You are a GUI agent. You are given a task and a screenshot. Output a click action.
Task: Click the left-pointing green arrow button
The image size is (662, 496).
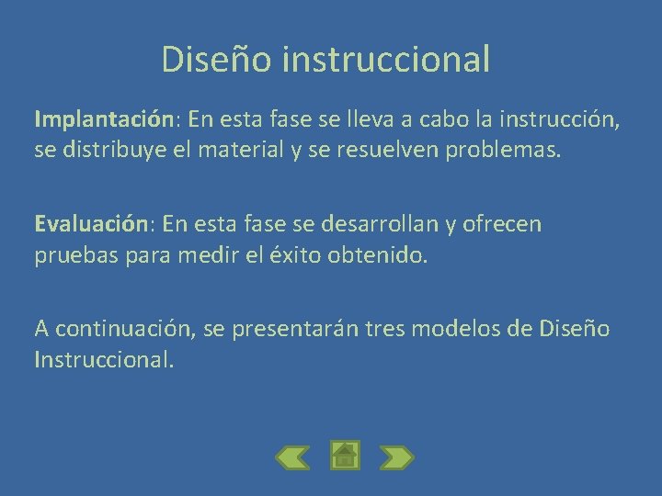(x=292, y=457)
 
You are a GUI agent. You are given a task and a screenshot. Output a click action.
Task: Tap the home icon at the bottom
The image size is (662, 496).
(x=345, y=455)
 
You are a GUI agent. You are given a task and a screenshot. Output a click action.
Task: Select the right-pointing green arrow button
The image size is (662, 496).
(x=397, y=457)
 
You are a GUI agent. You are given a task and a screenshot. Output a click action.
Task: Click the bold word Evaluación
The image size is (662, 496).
(x=91, y=223)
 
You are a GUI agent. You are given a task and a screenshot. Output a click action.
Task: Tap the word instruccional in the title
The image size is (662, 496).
(x=387, y=59)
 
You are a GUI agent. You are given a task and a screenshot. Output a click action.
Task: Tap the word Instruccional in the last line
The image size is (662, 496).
(x=103, y=359)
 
